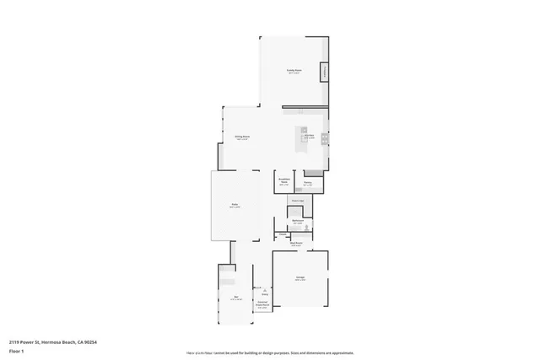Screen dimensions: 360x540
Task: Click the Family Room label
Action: click(294, 73)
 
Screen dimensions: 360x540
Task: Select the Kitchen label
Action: click(310, 137)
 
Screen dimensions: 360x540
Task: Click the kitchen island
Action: click(301, 137)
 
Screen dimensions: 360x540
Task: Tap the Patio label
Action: click(236, 205)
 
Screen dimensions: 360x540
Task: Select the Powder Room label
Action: click(296, 201)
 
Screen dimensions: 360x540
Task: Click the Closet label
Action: click(282, 234)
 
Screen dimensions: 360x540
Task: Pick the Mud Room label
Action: click(297, 243)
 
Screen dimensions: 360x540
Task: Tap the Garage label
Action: click(300, 278)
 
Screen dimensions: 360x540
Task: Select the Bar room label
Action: click(236, 297)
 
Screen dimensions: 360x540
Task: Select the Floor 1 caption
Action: click(17, 351)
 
